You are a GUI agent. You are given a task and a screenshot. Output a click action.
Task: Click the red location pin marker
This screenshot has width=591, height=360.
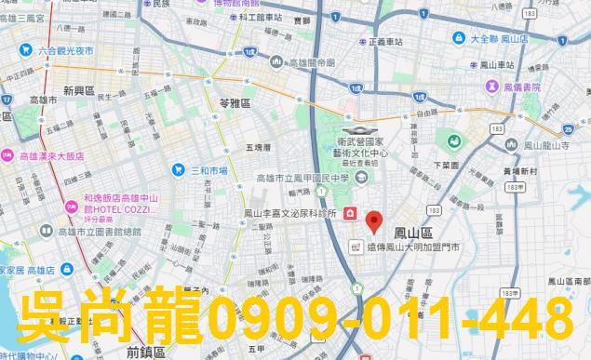click(x=374, y=223)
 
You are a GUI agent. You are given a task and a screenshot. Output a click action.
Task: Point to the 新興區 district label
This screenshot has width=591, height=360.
click(x=79, y=91)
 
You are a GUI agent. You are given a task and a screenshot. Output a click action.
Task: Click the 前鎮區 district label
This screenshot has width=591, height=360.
click(x=143, y=352)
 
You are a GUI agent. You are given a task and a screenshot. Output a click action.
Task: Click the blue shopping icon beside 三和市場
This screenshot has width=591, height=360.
click(x=179, y=170)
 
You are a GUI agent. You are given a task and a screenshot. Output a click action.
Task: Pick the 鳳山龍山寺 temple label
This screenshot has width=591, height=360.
click(x=554, y=145)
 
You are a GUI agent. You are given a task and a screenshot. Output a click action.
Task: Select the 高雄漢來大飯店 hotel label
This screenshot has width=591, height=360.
click(x=51, y=156)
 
